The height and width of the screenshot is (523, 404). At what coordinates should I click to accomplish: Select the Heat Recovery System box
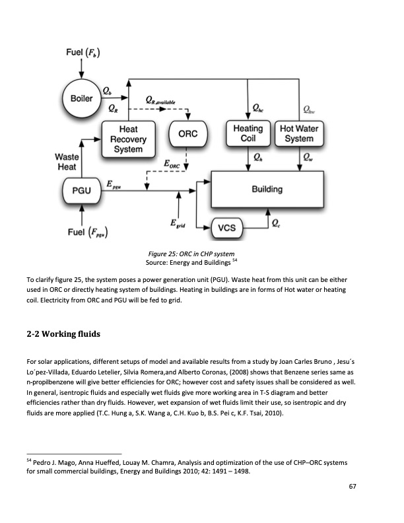[x=127, y=139]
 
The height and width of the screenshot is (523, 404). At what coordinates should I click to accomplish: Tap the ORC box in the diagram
[x=188, y=134]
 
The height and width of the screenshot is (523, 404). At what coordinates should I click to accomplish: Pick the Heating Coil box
[x=249, y=134]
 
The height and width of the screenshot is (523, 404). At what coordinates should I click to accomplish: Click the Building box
[x=267, y=190]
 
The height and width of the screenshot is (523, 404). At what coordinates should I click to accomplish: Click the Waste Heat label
[x=67, y=162]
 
